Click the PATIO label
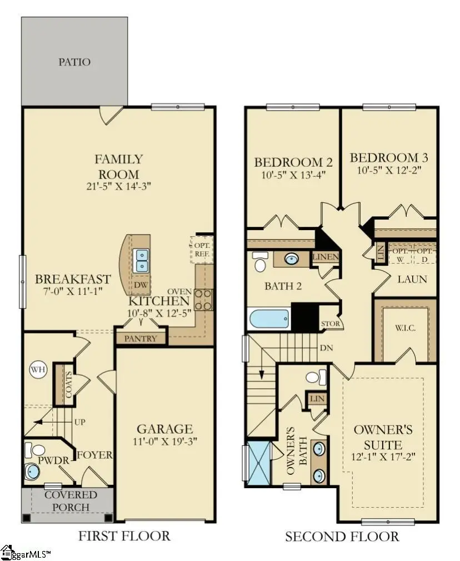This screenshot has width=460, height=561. coord(74,62)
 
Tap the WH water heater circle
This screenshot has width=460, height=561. coord(38,369)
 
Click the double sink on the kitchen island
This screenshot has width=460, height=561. coord(142,257)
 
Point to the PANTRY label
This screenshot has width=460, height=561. coord(141,338)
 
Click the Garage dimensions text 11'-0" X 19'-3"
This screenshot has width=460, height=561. coord(165,443)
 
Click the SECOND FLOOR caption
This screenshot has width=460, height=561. coord(342,537)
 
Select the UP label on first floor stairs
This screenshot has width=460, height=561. coord(79,423)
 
